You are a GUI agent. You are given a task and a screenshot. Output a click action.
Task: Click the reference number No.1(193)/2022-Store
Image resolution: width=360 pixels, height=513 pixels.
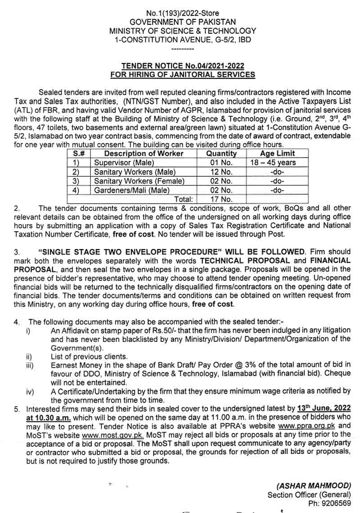(x=182, y=13)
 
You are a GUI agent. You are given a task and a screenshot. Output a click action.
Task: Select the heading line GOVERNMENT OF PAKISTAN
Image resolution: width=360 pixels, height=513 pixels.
(x=182, y=22)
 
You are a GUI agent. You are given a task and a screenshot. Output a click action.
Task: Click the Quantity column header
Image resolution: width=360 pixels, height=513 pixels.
(x=221, y=154)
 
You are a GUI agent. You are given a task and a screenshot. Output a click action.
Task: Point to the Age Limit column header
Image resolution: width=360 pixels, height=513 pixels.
(x=277, y=154)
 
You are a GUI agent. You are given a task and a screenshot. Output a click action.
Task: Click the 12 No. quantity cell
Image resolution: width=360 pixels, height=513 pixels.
(x=221, y=172)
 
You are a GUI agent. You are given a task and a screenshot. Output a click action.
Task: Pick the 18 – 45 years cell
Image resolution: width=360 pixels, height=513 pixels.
(x=277, y=163)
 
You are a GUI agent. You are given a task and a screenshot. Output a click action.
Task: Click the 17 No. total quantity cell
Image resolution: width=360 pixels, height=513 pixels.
(x=221, y=199)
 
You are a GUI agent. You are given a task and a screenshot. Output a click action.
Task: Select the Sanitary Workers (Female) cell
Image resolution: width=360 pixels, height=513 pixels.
(x=139, y=181)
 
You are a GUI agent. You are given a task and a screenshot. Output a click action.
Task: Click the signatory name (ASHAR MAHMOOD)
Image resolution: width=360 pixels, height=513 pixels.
(x=313, y=486)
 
